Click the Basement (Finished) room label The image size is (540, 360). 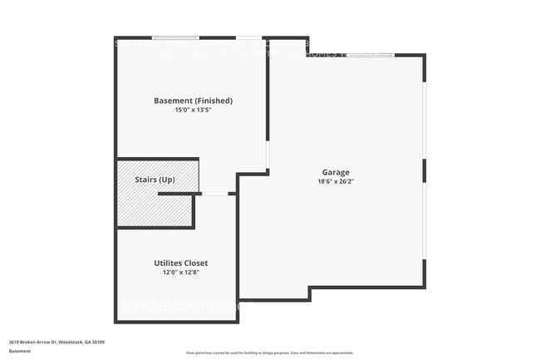[193, 101]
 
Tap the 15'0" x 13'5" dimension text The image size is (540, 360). [193, 111]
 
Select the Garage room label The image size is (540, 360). [336, 172]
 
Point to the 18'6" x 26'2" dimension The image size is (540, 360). [336, 181]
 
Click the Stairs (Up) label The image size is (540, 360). [155, 179]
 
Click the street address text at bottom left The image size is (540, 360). [56, 342]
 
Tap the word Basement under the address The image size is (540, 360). [21, 351]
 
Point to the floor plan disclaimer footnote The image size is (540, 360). [269, 353]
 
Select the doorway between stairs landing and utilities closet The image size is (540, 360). [214, 194]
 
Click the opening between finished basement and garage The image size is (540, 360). [267, 155]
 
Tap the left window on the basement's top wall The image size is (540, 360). [175, 37]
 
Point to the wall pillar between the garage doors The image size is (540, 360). [425, 170]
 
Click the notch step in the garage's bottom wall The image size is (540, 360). [309, 293]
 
